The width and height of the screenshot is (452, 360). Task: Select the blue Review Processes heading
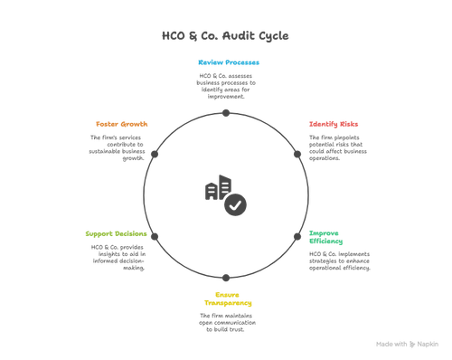click(x=229, y=62)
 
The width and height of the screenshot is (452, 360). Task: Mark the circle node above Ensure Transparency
click(x=227, y=278)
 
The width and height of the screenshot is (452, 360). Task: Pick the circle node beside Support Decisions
click(x=155, y=237)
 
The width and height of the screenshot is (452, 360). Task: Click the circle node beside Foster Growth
click(x=155, y=154)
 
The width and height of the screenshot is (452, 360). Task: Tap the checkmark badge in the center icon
click(x=236, y=204)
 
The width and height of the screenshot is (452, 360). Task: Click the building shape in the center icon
click(x=213, y=191)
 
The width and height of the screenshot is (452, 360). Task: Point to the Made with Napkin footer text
click(x=401, y=345)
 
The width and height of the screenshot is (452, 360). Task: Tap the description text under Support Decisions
click(x=117, y=255)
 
